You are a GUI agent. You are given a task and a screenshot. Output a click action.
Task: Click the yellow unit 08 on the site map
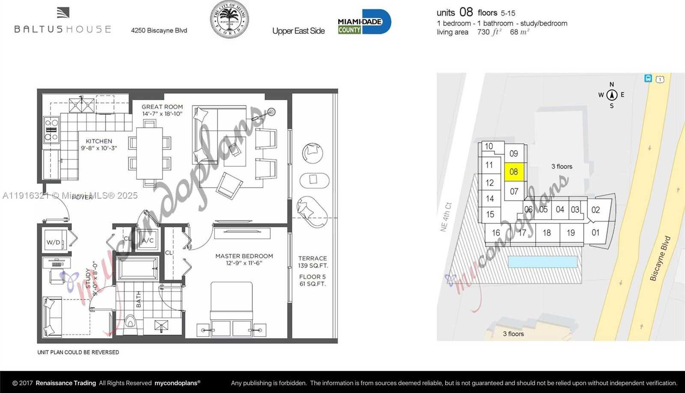click(x=514, y=172)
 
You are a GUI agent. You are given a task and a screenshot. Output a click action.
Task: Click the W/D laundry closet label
click(x=54, y=242)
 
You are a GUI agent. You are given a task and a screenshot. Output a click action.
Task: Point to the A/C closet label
click(x=148, y=241)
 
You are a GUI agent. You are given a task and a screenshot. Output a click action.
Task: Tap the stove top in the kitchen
click(x=51, y=129)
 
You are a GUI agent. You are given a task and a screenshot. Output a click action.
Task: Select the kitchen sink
click(x=82, y=104)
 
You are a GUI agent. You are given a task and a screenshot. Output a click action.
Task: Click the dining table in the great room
click(x=149, y=153)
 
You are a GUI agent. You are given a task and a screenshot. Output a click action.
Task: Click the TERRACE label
click(x=313, y=259)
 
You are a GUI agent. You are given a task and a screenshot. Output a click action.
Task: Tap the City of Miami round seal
click(x=229, y=19)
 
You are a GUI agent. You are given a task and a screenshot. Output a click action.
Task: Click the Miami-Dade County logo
click(x=364, y=22)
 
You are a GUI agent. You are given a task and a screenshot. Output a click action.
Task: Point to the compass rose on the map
click(x=612, y=95)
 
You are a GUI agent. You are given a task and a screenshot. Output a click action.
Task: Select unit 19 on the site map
click(x=571, y=233)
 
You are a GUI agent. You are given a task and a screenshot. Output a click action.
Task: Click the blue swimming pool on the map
click(x=542, y=262)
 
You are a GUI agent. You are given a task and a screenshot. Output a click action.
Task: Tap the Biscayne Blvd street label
click(x=660, y=258)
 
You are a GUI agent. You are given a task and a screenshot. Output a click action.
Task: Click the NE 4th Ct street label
click(x=446, y=217)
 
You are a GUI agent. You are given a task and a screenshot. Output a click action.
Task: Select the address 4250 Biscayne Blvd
click(x=159, y=30)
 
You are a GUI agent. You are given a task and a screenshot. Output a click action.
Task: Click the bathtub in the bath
click(x=139, y=268)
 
